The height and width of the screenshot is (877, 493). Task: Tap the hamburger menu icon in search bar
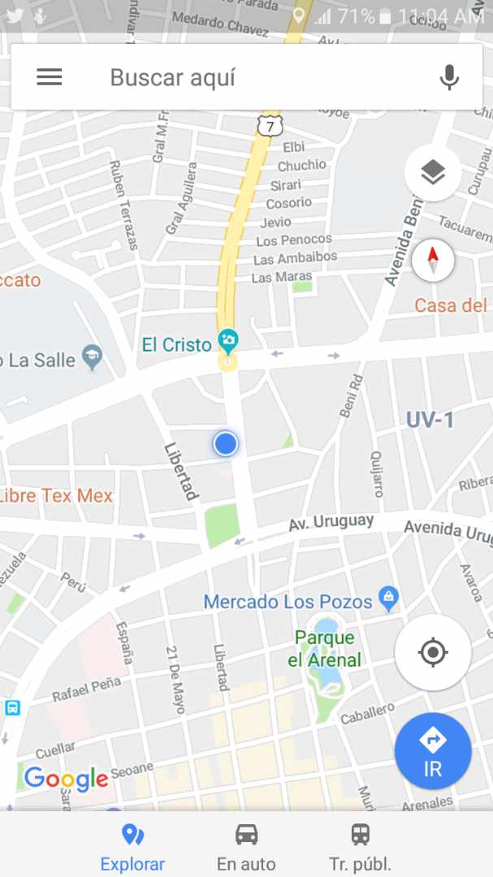click(50, 77)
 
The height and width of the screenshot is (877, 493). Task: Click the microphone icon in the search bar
click(448, 77)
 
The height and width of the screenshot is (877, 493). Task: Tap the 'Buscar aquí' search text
click(173, 78)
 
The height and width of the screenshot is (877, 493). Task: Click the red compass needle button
click(433, 261)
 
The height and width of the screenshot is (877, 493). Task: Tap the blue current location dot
click(225, 443)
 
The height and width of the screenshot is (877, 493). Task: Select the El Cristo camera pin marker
click(228, 341)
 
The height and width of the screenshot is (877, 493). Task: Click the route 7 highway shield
click(269, 124)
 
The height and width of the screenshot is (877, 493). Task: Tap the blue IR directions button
click(432, 750)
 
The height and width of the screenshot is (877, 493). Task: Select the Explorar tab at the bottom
click(132, 846)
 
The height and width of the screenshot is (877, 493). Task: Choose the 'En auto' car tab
click(246, 846)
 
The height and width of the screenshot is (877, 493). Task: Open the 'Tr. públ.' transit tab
click(360, 846)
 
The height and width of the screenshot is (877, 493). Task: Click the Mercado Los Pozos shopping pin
click(389, 599)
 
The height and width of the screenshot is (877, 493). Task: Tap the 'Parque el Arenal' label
click(324, 649)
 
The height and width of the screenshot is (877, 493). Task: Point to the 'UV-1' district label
click(430, 420)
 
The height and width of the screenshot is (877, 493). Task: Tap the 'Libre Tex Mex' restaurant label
click(54, 495)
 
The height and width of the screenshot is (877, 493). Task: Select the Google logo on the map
click(66, 779)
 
